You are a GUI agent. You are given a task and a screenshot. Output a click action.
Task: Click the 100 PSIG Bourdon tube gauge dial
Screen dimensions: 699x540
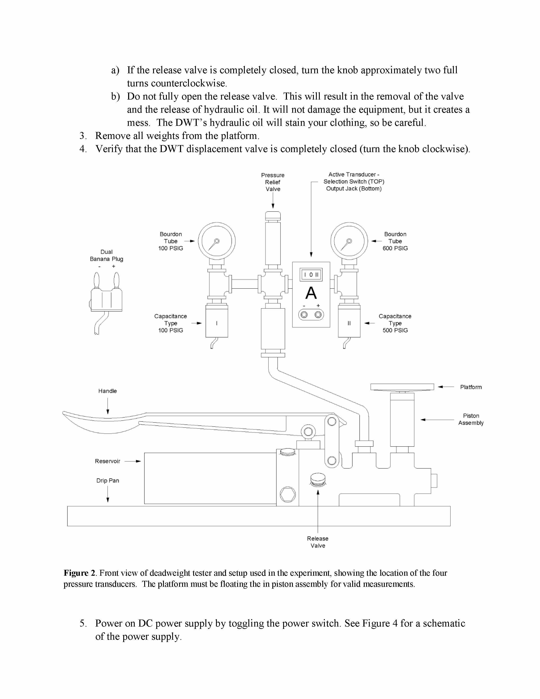(x=217, y=241)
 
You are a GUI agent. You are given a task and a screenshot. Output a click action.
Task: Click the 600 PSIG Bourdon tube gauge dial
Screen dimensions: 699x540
(x=349, y=241)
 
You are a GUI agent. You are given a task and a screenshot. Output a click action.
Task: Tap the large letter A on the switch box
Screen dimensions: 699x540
(x=311, y=293)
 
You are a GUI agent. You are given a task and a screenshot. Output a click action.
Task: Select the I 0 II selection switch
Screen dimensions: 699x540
(x=311, y=275)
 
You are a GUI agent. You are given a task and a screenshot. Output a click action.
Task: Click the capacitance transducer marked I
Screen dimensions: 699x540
(x=217, y=321)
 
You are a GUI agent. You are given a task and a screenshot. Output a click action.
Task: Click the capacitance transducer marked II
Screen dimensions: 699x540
(x=349, y=321)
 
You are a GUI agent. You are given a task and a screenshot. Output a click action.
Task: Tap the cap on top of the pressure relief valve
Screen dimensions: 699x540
(x=273, y=215)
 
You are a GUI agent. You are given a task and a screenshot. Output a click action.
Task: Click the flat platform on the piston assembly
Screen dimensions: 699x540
(x=402, y=387)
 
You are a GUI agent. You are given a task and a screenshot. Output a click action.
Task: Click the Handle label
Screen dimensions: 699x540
(x=108, y=391)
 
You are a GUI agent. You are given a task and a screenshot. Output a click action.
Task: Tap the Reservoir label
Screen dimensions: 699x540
(x=108, y=461)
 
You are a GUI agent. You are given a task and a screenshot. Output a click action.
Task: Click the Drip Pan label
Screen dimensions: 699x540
(x=108, y=481)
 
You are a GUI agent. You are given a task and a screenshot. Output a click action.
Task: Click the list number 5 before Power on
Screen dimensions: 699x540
(x=83, y=623)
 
